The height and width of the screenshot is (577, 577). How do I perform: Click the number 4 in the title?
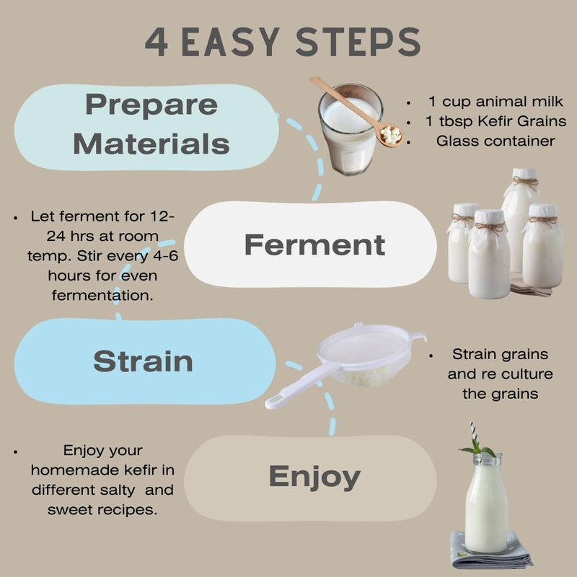tap(157, 42)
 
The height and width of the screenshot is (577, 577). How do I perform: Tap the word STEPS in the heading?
tap(358, 42)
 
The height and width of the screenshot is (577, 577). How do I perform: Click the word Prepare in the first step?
tap(151, 105)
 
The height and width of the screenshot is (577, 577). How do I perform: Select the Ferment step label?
tap(314, 245)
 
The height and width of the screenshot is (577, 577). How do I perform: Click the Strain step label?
tap(143, 361)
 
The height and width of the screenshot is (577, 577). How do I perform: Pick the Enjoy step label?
tap(314, 477)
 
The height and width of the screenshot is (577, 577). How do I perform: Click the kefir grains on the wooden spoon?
tap(391, 134)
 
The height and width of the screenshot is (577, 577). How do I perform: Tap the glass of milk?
tap(350, 129)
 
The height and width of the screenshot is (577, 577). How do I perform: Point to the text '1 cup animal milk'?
tap(495, 101)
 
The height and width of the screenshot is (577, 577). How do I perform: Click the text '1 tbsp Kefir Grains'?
tap(495, 121)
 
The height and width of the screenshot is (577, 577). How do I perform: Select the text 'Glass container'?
tap(495, 141)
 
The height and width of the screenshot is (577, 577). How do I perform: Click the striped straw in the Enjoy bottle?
tap(474, 434)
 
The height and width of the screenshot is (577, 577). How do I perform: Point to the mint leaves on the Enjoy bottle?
tap(478, 449)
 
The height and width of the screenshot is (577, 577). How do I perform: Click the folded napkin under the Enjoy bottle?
tap(491, 552)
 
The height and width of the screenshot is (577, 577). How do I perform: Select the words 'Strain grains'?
tap(500, 354)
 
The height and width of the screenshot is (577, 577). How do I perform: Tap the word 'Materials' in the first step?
tap(151, 144)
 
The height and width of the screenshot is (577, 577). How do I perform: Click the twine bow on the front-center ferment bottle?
tap(490, 228)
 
